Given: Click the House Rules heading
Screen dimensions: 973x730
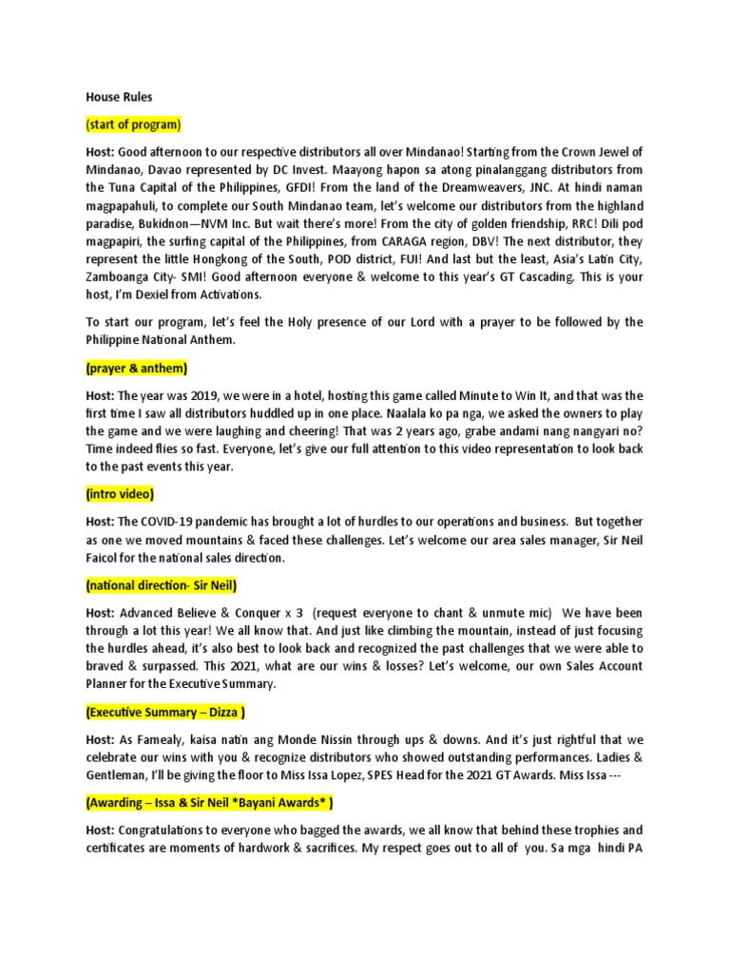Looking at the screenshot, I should (x=119, y=97).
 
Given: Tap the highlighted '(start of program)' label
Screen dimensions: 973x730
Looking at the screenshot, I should (x=133, y=124).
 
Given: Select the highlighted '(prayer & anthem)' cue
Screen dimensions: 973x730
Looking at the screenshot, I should (x=136, y=367).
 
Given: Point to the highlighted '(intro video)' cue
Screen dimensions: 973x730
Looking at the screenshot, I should (x=119, y=494).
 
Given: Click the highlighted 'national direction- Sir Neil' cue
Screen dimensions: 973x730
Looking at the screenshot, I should (x=161, y=584).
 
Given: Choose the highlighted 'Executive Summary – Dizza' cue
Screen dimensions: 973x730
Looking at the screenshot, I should (x=165, y=712).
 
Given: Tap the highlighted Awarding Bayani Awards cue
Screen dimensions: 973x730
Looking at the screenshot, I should (x=209, y=803).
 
